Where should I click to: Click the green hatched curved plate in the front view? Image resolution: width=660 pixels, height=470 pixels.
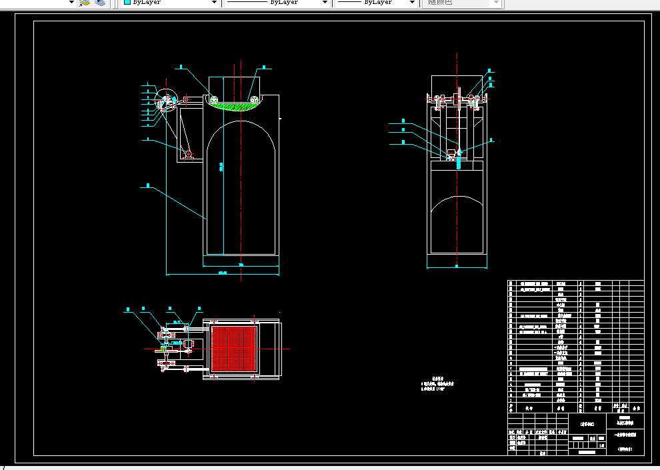pos(235,107)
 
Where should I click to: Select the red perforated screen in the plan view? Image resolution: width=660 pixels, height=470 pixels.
pos(233,347)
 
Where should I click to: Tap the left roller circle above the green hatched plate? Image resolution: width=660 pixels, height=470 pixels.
pos(215,100)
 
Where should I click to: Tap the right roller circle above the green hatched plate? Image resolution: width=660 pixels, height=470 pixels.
pos(255,100)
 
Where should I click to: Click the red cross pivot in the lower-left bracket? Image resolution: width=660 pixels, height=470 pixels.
pos(188,155)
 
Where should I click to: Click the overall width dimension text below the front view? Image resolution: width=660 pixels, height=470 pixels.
pos(223,273)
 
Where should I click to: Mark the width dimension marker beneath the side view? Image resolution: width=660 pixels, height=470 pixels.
pos(457,267)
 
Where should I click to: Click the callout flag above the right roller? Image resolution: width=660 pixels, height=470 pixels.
pos(264,67)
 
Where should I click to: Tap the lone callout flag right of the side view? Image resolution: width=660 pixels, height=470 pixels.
pos(492,140)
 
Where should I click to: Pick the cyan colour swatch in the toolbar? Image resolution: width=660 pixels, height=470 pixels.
pos(127,3)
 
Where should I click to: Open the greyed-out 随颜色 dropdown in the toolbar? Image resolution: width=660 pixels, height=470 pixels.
pos(462,3)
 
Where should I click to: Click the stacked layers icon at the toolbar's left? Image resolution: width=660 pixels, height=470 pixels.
pos(100,3)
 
